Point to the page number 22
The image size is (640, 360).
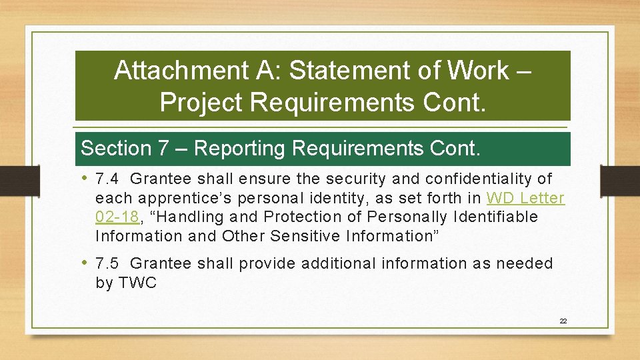[563, 321]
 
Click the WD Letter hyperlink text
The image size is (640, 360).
[525, 198]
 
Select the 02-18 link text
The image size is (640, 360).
[117, 217]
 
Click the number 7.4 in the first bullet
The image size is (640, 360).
[107, 179]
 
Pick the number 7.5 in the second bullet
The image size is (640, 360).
[107, 264]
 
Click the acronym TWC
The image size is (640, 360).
[137, 283]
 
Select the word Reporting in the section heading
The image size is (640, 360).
[239, 148]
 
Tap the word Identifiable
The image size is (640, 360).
[495, 217]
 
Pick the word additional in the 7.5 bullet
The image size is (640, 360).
[339, 264]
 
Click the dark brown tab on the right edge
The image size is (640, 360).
[619, 181]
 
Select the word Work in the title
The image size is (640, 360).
[477, 70]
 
